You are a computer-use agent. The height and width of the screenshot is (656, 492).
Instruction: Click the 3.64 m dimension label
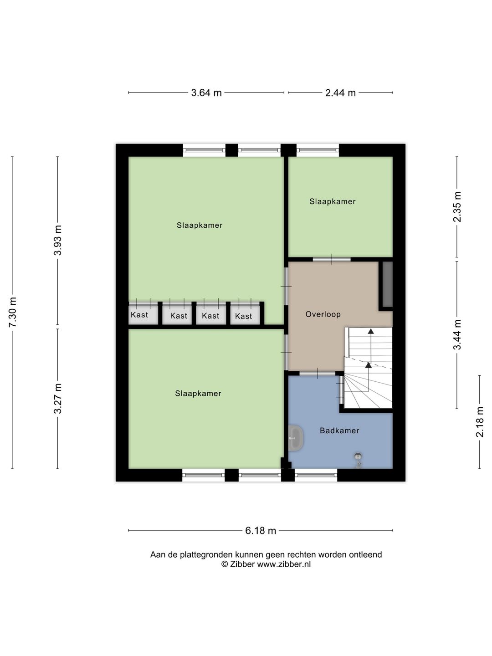[x=206, y=93]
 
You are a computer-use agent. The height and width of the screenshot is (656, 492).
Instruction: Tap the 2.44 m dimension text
[x=340, y=93]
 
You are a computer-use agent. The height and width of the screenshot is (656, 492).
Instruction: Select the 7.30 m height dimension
[x=13, y=313]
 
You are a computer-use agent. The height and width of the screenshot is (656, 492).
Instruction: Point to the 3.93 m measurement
[x=57, y=240]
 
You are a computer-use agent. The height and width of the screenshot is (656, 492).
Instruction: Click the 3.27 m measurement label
[x=57, y=399]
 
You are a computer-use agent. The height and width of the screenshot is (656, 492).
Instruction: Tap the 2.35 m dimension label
[x=457, y=207]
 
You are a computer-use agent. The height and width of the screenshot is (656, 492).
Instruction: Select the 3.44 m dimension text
[x=457, y=335]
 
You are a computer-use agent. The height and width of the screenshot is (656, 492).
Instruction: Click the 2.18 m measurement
[x=479, y=422]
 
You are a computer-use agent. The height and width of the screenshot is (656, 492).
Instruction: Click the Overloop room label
[x=323, y=314]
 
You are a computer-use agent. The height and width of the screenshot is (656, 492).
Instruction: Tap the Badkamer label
[x=339, y=430]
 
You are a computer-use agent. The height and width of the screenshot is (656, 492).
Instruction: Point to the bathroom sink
[x=296, y=438]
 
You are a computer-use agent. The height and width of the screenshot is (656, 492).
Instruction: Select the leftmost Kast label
[x=139, y=315]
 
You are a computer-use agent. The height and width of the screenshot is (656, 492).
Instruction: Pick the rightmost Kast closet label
[x=243, y=316]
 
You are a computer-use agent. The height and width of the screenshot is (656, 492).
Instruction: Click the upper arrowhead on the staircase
[x=371, y=331]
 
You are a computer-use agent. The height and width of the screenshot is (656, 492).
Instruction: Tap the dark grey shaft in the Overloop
[x=387, y=284]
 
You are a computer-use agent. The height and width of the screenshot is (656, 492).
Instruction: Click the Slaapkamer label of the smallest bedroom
[x=333, y=202]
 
